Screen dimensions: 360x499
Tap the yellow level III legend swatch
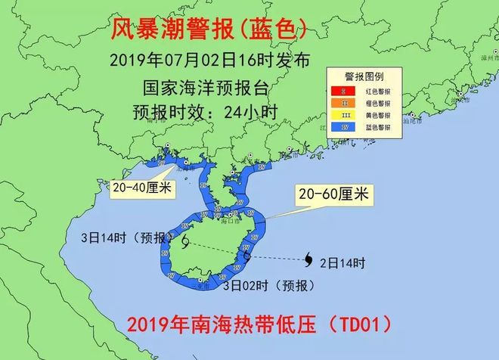(x=343, y=115)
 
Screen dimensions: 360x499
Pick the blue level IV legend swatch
(x=343, y=128)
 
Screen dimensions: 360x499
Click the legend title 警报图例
(x=365, y=76)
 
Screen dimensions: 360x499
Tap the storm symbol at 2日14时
(x=309, y=261)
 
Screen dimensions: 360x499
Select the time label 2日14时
(x=342, y=263)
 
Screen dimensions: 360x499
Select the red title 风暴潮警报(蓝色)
(x=208, y=29)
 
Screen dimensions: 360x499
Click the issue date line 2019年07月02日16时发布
(x=209, y=60)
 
